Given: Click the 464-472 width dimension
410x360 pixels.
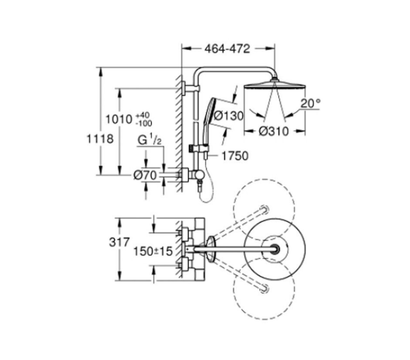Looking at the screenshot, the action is click(227, 49).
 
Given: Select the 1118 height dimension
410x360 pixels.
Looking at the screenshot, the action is click(100, 139).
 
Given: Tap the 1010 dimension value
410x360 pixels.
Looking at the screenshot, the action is click(119, 119).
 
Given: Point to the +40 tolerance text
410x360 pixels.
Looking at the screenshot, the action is click(142, 115).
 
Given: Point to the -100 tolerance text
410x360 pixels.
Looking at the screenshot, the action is click(144, 123).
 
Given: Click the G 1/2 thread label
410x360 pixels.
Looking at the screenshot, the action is click(150, 141).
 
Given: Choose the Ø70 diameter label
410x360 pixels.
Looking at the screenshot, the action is click(145, 175).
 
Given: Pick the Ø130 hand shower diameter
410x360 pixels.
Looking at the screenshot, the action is click(229, 115).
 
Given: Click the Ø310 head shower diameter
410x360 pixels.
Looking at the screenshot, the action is click(274, 131).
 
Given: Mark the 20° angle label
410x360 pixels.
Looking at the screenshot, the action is click(310, 104).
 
